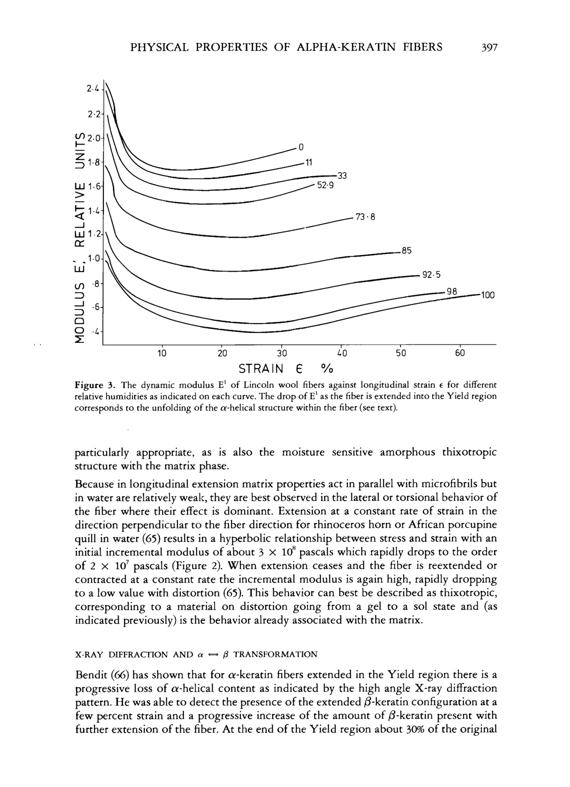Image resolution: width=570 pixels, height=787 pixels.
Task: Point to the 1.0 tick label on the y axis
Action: [94, 258]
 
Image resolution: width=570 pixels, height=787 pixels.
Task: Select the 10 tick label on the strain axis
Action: [162, 353]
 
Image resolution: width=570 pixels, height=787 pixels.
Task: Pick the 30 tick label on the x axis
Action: [282, 353]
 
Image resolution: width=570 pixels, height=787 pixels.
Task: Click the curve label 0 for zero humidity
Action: [301, 147]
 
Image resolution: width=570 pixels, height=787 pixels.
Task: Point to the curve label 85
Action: [406, 250]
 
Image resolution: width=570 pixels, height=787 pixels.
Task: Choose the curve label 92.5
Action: [431, 275]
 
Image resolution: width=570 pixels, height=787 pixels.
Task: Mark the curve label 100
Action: [487, 296]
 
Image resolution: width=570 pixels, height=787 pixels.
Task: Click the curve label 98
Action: [452, 292]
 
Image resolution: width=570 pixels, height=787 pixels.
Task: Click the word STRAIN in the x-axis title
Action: [261, 369]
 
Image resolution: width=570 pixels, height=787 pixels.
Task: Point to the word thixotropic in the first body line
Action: [469, 453]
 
